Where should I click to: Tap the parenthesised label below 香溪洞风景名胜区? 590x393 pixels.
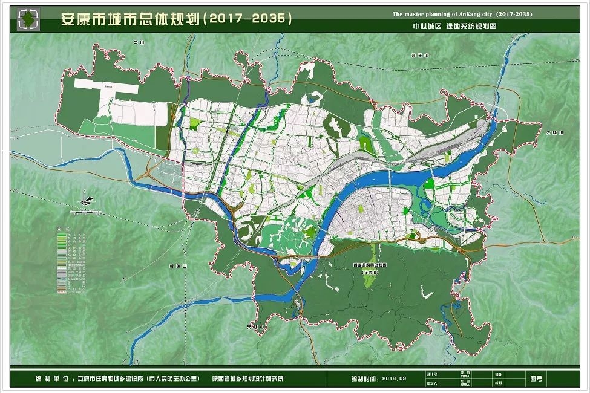coord(357,274)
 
